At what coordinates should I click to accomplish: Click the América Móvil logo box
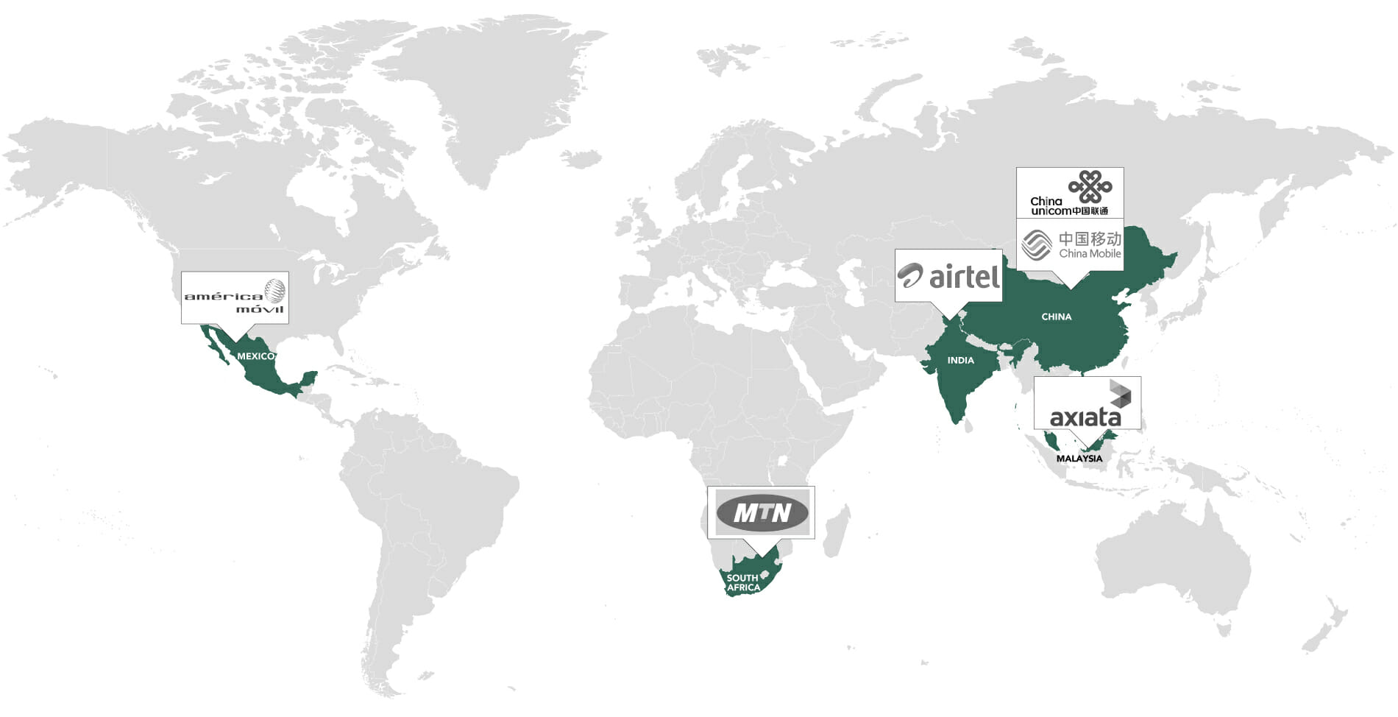(x=235, y=297)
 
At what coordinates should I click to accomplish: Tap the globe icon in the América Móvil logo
(x=274, y=292)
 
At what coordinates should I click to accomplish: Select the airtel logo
(x=948, y=276)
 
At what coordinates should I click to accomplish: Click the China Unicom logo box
(x=1070, y=193)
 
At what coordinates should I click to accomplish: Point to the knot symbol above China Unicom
(x=1090, y=186)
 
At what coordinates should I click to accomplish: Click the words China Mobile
(x=1090, y=253)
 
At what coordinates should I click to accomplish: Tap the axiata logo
(x=1087, y=403)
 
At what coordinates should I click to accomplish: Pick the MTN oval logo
(x=762, y=512)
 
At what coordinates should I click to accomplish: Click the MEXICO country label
(x=255, y=356)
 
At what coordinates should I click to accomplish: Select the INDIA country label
(x=960, y=361)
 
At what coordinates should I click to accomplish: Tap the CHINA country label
(x=1056, y=317)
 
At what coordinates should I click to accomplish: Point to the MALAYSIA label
(x=1079, y=459)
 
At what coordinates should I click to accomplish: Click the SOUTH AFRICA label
(x=743, y=582)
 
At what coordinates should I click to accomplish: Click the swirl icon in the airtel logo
(x=909, y=275)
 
